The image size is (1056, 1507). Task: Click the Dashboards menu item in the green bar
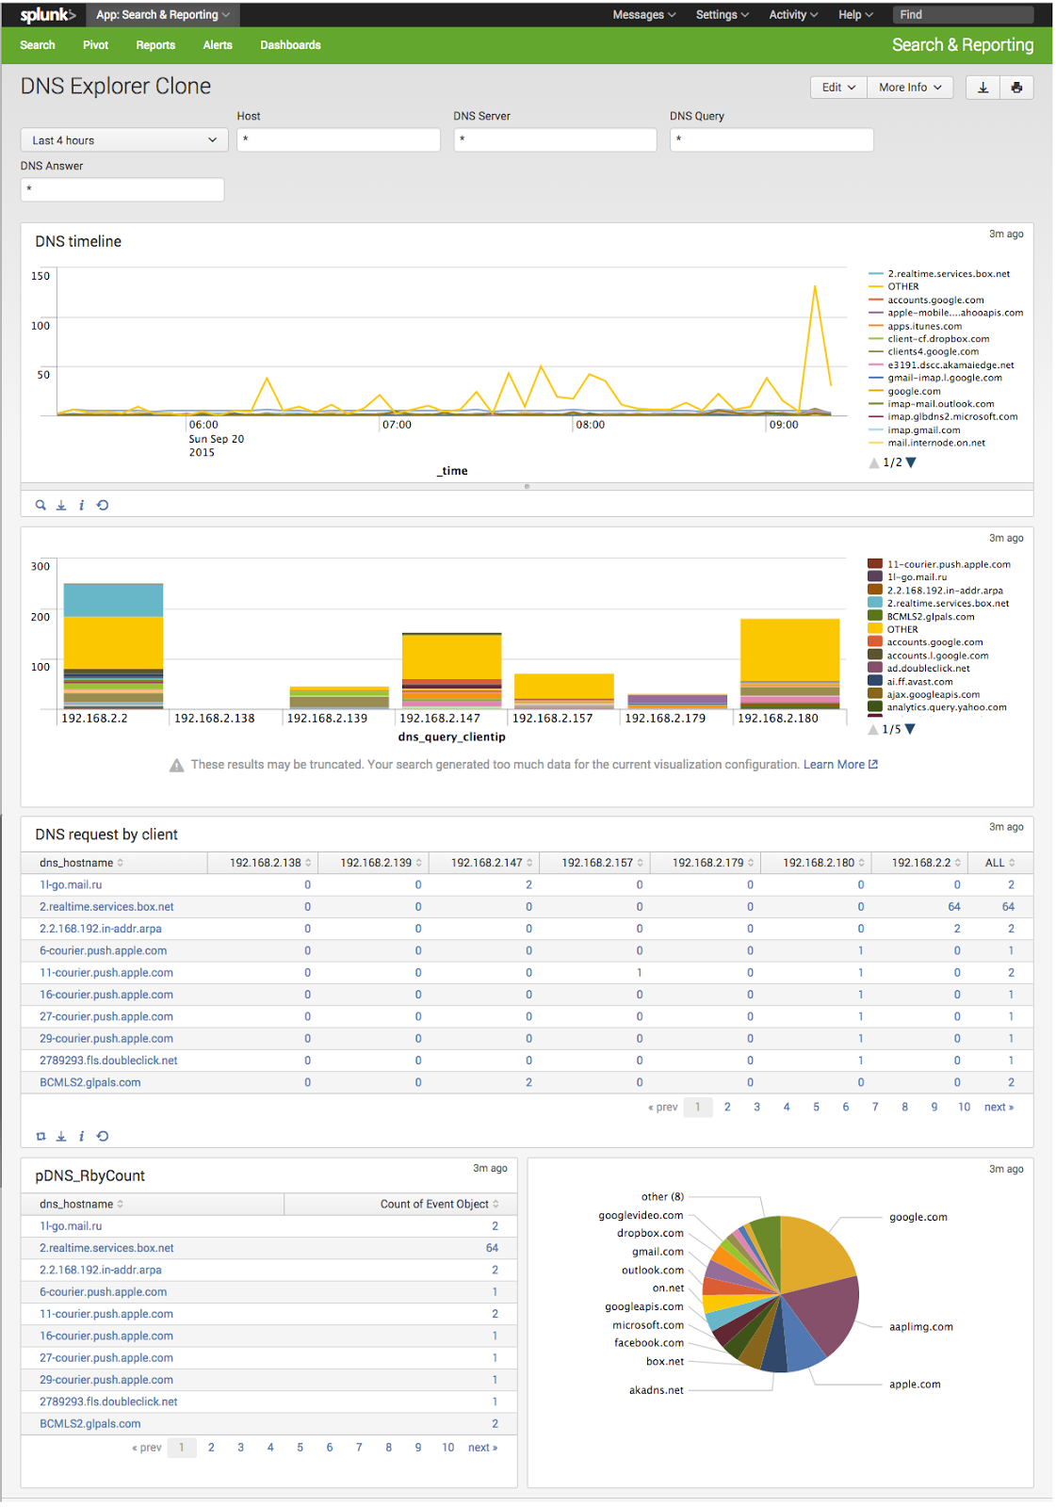click(290, 45)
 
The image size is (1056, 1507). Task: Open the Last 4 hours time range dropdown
click(123, 140)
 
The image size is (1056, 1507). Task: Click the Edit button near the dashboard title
click(837, 88)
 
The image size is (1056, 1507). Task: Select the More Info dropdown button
click(909, 88)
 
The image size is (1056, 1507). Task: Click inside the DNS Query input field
click(771, 140)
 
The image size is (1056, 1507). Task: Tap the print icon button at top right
click(1016, 88)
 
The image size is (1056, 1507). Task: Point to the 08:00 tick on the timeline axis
click(590, 425)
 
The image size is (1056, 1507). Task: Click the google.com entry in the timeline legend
click(914, 391)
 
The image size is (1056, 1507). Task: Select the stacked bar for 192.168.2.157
click(563, 689)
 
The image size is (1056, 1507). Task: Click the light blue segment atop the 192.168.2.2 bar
click(113, 600)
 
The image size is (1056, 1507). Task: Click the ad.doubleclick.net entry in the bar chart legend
click(927, 669)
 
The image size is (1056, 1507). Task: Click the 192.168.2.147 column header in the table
click(486, 863)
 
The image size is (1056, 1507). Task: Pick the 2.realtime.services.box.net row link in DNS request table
click(106, 907)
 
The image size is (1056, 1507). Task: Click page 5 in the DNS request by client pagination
click(816, 1108)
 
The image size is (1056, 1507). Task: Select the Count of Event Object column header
click(434, 1205)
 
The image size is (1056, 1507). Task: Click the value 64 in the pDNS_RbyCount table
click(492, 1248)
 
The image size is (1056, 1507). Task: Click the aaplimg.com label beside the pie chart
click(920, 1327)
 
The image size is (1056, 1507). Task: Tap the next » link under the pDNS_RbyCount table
click(482, 1448)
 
